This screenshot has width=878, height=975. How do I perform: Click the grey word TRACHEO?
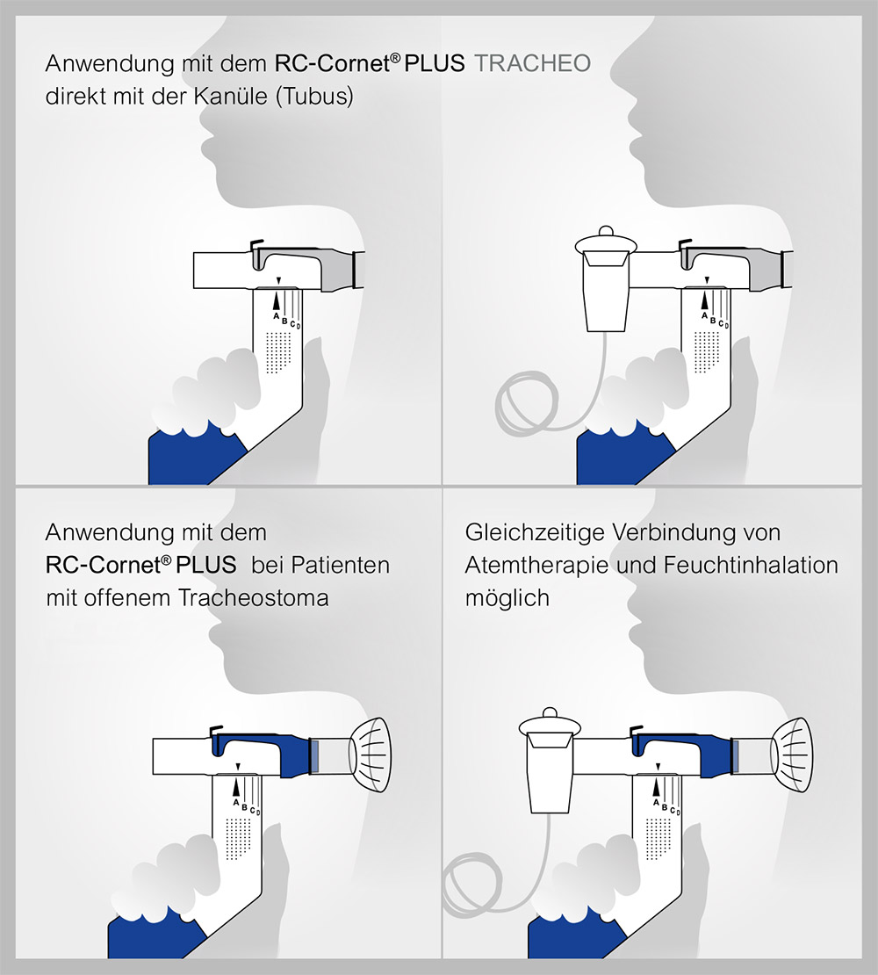tap(532, 63)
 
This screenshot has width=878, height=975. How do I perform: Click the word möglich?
tap(507, 598)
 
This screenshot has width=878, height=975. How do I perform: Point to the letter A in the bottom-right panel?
tap(655, 800)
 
